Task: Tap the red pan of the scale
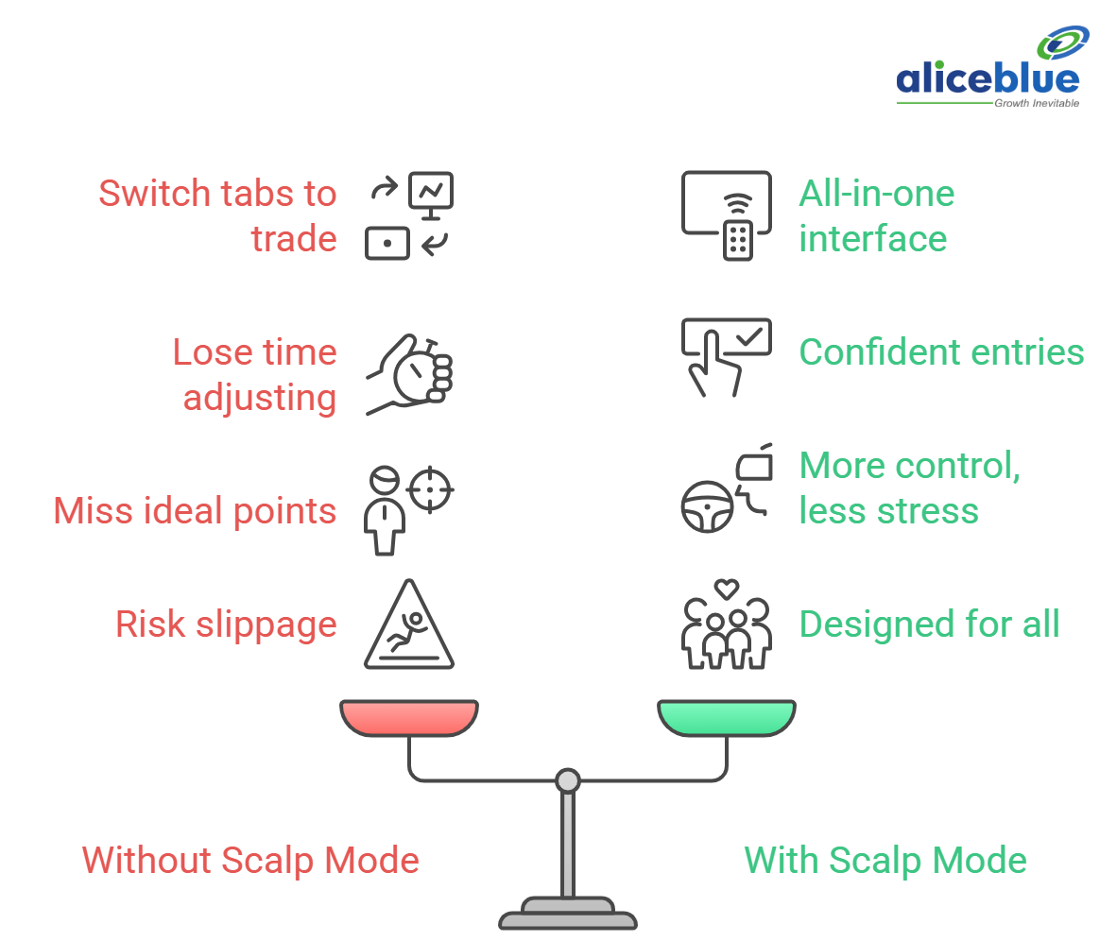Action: click(x=409, y=717)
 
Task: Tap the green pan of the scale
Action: click(x=727, y=717)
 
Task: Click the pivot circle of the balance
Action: click(x=567, y=780)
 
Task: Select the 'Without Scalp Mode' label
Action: click(x=250, y=861)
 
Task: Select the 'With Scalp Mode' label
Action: click(x=885, y=861)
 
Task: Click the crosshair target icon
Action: click(x=433, y=489)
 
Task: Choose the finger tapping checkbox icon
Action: click(x=726, y=355)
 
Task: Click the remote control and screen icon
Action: click(x=726, y=215)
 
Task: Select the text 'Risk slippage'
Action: click(x=226, y=624)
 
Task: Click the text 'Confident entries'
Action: click(x=941, y=352)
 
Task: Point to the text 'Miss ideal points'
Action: click(x=195, y=511)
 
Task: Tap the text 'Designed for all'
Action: click(x=929, y=624)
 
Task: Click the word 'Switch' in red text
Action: click(x=154, y=194)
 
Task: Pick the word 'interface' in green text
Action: click(x=872, y=239)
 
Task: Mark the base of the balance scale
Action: click(x=567, y=916)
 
